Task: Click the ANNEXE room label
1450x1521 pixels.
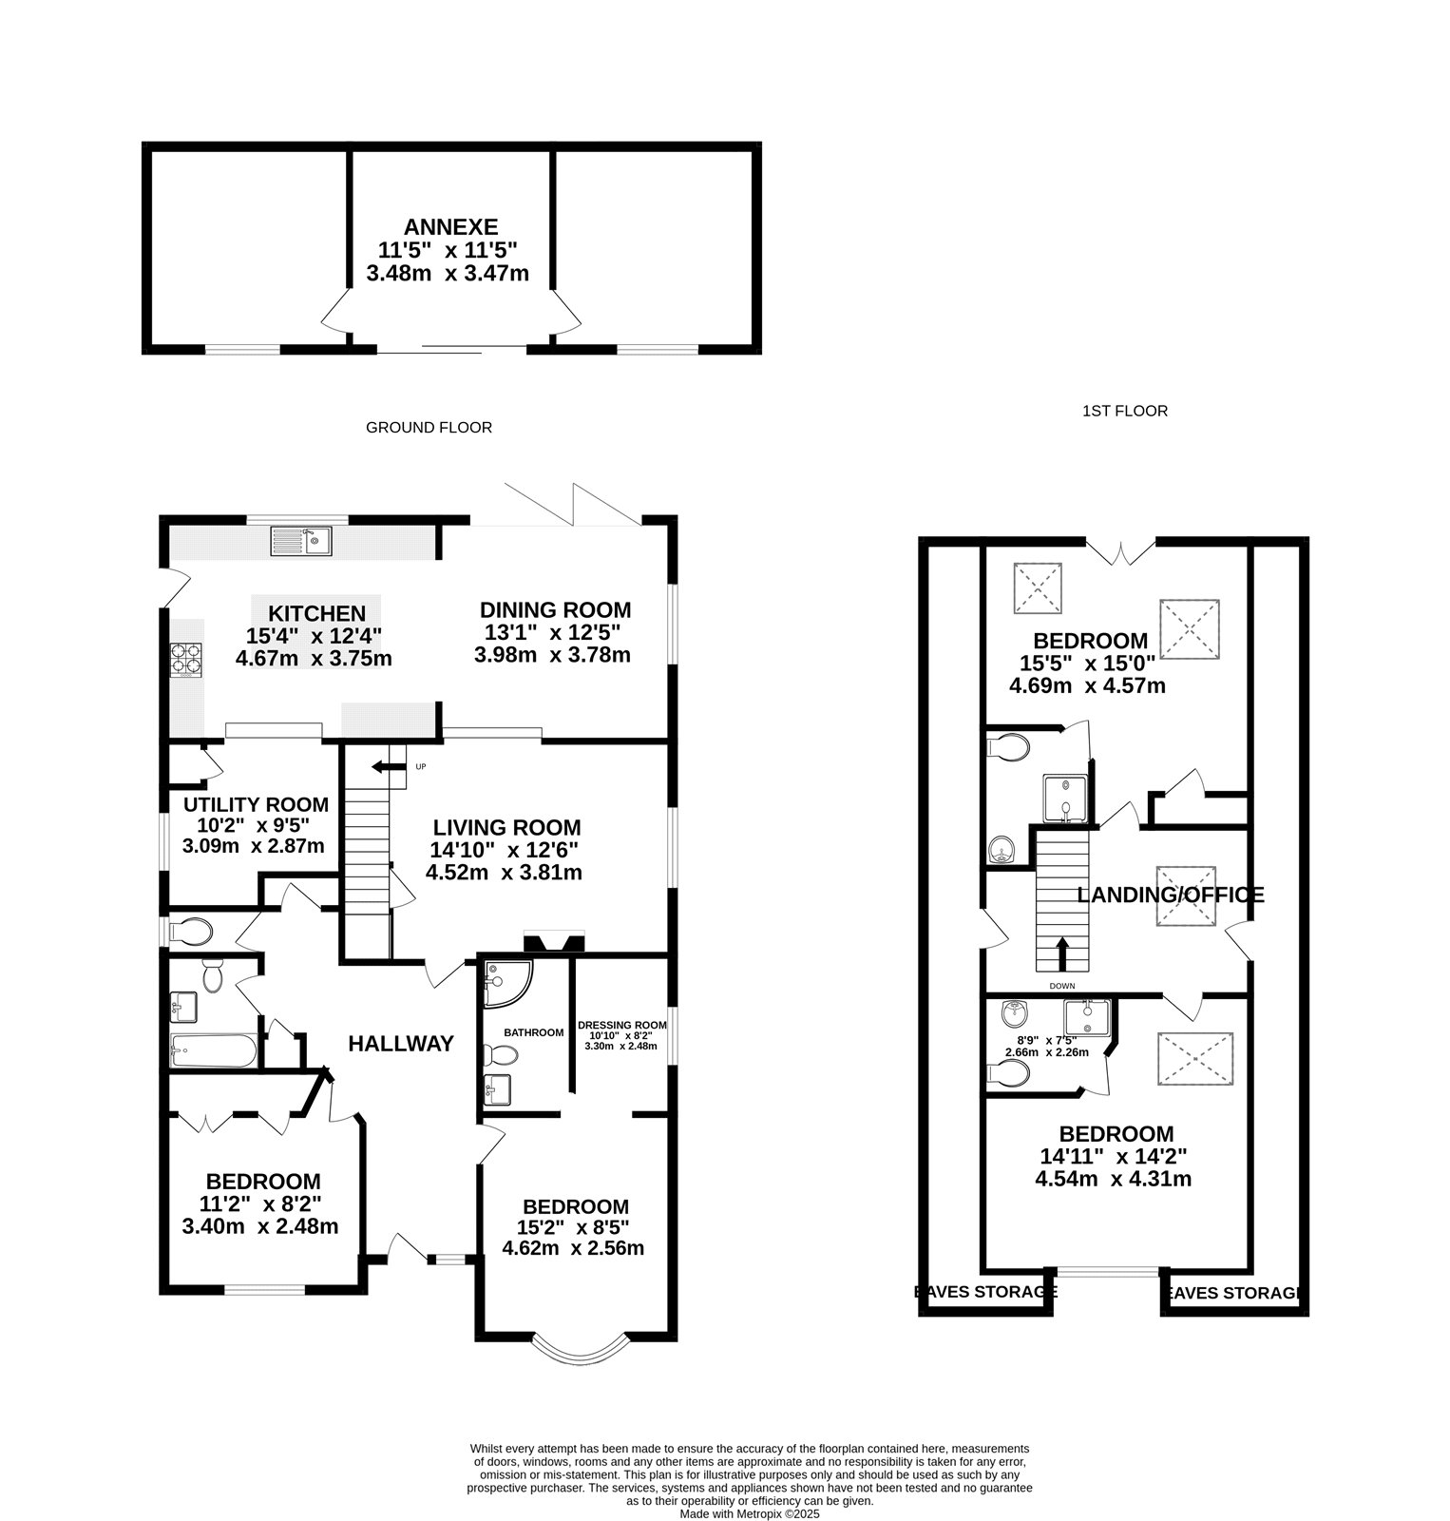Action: tap(450, 227)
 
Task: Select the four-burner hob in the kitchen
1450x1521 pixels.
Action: tap(187, 660)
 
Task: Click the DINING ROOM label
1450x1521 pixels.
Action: tap(555, 610)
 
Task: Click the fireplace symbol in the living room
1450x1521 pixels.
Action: tap(554, 943)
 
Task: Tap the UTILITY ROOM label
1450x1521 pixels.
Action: tap(256, 805)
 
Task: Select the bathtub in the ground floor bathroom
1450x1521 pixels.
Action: tap(213, 1051)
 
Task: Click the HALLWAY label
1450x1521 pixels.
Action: tap(401, 1044)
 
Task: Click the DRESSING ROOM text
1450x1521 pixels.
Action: tap(621, 1026)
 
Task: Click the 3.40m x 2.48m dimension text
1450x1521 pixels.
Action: tap(259, 1226)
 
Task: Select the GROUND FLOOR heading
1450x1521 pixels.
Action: tap(429, 428)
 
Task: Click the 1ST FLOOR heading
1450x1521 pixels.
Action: tap(1124, 411)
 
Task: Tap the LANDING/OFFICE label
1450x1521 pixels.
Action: tap(1170, 895)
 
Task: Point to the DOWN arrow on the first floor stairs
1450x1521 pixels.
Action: tap(1062, 952)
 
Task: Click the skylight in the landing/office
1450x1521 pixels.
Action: tap(1186, 895)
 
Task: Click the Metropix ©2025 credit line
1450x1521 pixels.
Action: tap(749, 1514)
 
